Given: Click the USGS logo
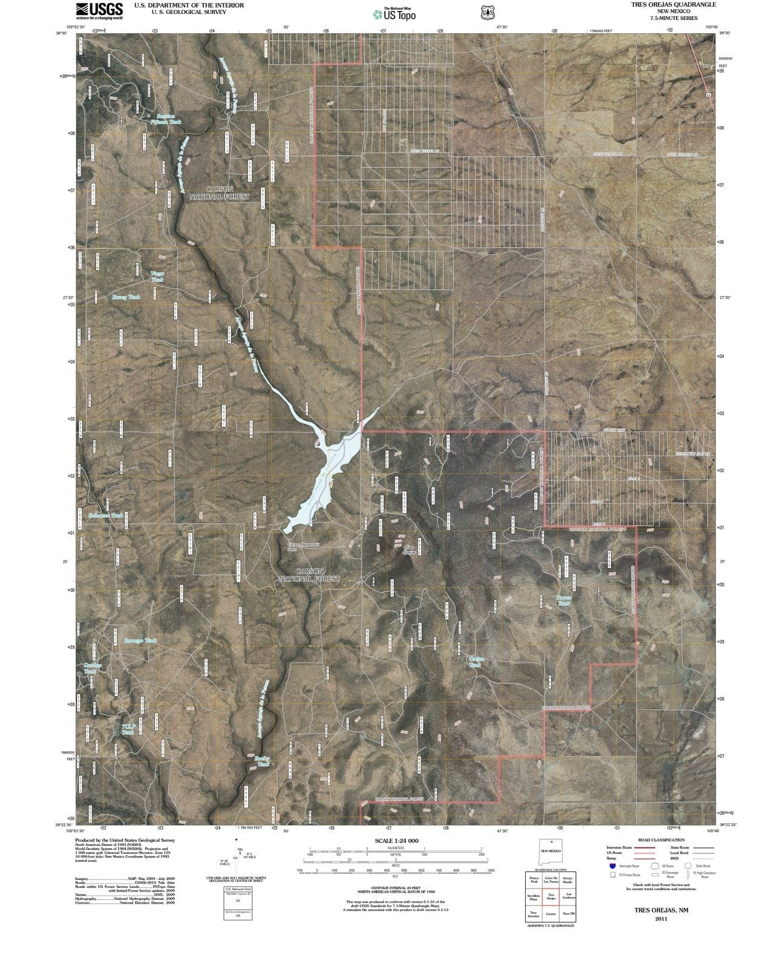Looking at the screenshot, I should (x=99, y=10).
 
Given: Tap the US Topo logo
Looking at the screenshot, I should (x=394, y=14).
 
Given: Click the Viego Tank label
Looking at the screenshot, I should (x=157, y=277).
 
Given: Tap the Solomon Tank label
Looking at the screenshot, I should (x=105, y=515).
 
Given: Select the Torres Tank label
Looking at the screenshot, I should (x=563, y=600).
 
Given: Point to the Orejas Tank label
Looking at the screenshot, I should (x=476, y=661).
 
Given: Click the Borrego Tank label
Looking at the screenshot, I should (x=140, y=641).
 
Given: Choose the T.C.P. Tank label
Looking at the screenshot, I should (x=128, y=729).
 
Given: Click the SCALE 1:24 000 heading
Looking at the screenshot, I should (x=396, y=841).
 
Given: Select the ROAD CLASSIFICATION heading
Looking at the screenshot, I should (x=661, y=840).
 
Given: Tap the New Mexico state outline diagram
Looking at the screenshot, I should (x=551, y=850).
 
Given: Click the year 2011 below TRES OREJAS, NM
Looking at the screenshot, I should (x=661, y=919).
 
